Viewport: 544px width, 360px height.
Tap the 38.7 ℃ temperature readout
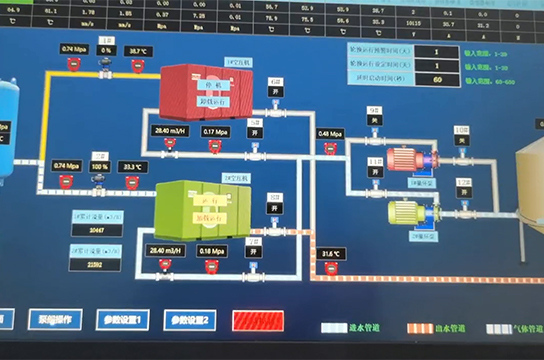click(138, 49)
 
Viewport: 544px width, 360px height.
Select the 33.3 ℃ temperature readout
click(132, 166)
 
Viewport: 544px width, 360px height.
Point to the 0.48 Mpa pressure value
click(329, 133)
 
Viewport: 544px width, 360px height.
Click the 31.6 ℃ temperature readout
click(329, 254)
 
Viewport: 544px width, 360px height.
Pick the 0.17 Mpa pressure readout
click(215, 131)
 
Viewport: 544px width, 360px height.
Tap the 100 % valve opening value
click(100, 166)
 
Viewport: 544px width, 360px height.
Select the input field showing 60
click(436, 78)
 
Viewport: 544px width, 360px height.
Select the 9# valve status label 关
click(375, 120)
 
